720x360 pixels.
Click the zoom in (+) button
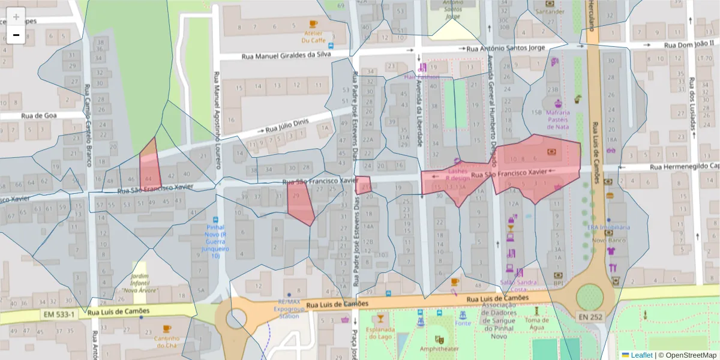(16, 17)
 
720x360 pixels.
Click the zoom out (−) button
(16, 35)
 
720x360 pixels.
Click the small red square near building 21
(363, 185)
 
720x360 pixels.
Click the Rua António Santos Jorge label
(505, 48)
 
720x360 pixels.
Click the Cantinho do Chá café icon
(166, 329)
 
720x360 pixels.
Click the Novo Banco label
(609, 240)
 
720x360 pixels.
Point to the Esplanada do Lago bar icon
(379, 317)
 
